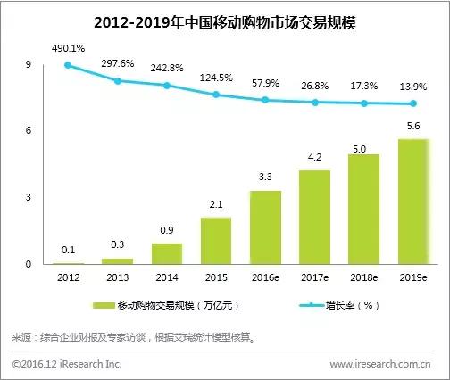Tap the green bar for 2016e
click(x=266, y=227)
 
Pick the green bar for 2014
click(x=167, y=253)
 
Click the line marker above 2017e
click(x=315, y=103)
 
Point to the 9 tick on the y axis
click(x=29, y=65)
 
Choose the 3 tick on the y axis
click(x=29, y=197)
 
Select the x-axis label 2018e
click(x=364, y=277)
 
